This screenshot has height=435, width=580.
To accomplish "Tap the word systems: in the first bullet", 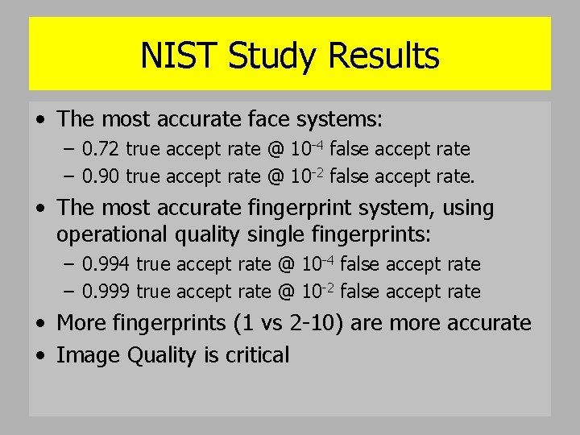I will click(x=339, y=120).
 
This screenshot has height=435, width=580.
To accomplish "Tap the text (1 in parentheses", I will click(x=240, y=324).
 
